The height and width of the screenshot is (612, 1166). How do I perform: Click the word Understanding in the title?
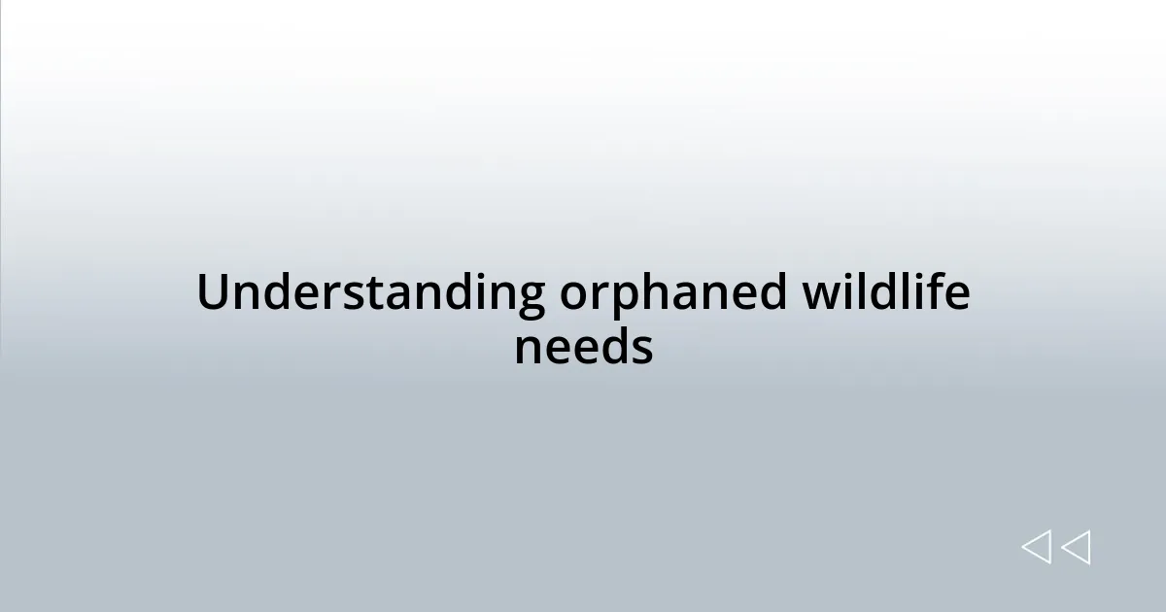370,293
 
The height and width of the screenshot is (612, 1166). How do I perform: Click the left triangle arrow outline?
1037,548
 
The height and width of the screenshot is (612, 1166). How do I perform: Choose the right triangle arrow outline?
1076,548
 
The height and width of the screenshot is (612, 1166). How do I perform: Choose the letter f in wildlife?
937,291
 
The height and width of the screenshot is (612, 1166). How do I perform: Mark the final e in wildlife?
957,295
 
